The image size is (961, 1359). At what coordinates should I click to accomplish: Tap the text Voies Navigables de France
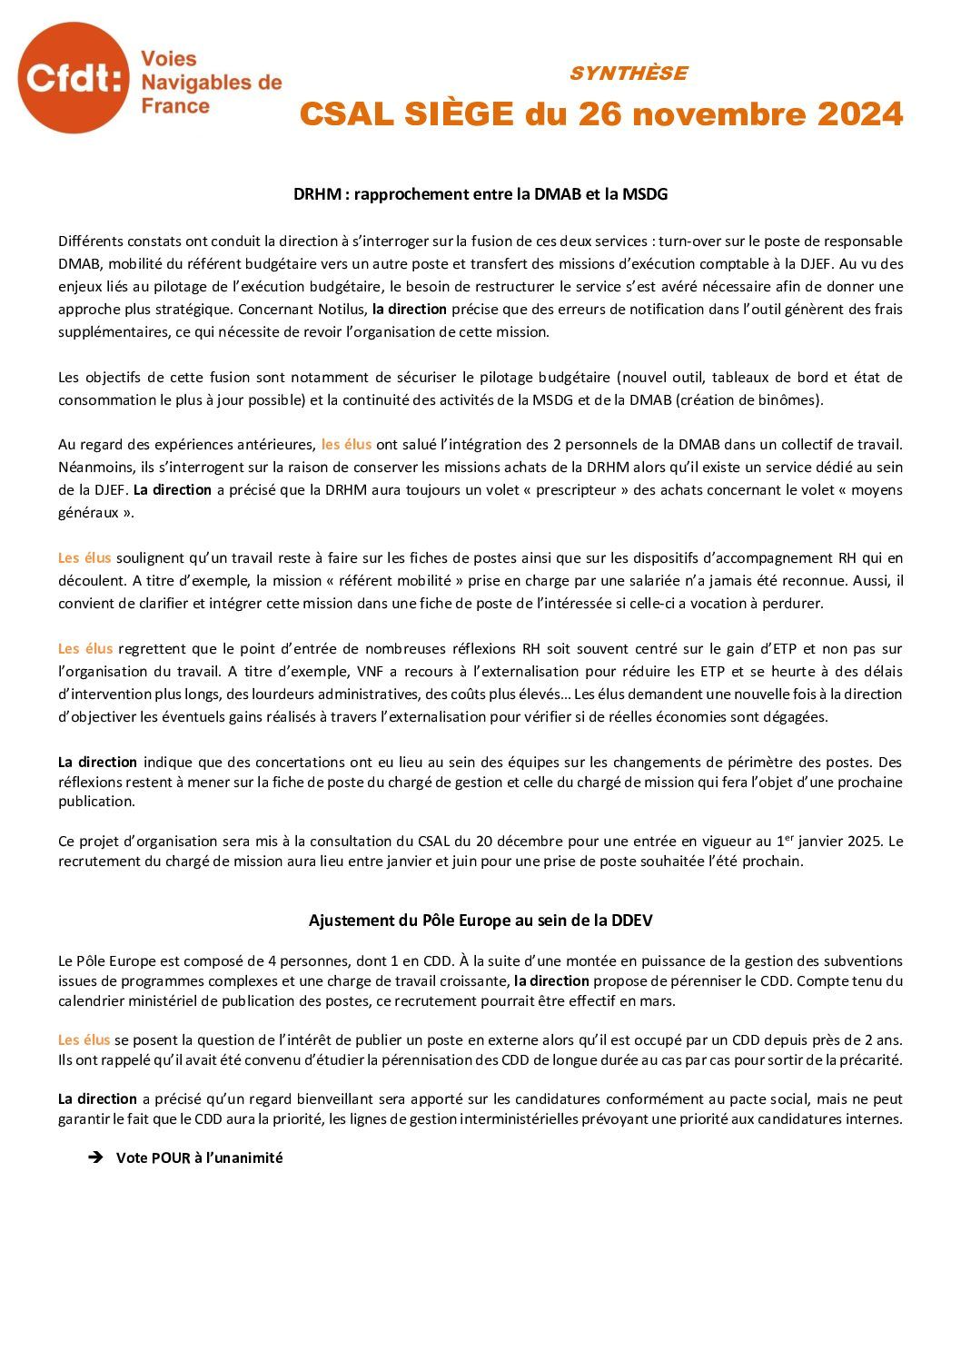(x=211, y=83)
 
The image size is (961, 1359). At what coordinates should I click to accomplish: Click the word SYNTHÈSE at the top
(x=629, y=74)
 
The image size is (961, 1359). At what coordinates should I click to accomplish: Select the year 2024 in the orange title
(x=859, y=114)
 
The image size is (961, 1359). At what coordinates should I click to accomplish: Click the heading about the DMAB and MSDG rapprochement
(x=480, y=194)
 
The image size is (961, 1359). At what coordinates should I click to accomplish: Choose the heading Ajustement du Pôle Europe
(x=480, y=920)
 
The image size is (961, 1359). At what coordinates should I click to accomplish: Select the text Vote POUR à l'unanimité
(x=199, y=1157)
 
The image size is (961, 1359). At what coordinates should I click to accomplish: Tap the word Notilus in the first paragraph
(x=342, y=309)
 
